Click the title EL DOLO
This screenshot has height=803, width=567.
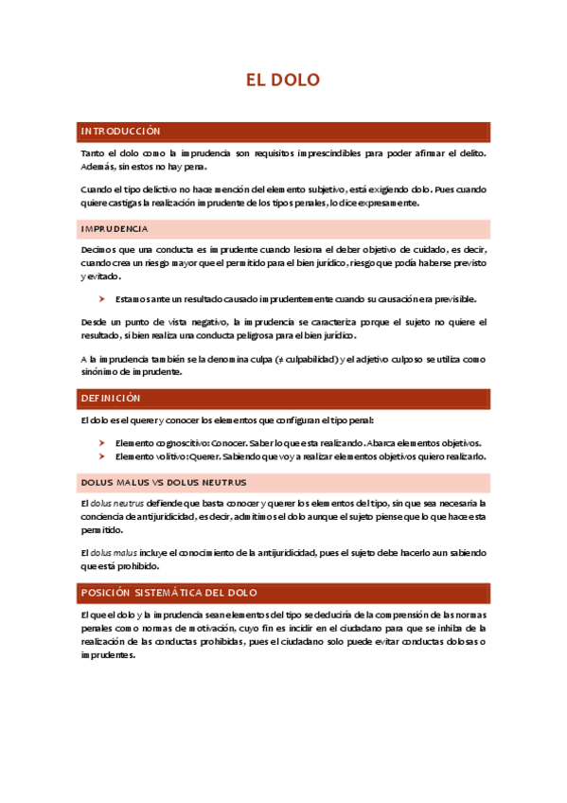point(283,80)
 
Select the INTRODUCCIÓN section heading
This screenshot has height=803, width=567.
point(121,131)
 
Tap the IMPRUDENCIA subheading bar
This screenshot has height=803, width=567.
point(115,229)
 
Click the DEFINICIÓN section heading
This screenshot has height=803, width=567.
point(111,399)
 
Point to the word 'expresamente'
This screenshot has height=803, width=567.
point(390,203)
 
